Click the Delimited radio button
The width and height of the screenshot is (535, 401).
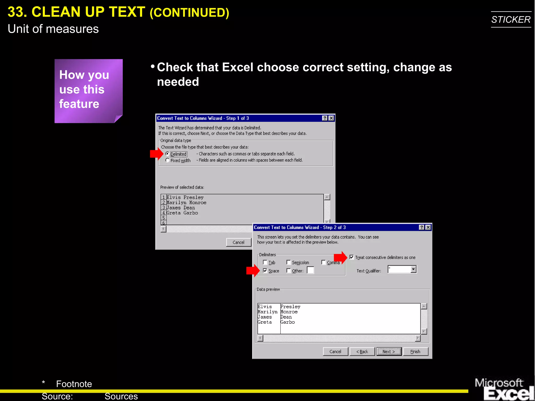tap(167, 154)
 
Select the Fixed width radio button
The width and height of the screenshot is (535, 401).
tap(167, 160)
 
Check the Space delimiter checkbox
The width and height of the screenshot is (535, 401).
tap(265, 271)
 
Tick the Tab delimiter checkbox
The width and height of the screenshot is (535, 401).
tap(265, 262)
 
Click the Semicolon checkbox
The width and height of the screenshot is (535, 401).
tap(289, 262)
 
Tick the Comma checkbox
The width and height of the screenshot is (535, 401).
tap(323, 262)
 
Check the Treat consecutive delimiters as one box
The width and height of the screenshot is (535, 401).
tap(352, 257)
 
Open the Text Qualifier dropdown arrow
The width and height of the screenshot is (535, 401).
tap(413, 269)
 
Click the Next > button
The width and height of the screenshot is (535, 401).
tap(389, 352)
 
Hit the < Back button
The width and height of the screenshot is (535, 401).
tap(362, 352)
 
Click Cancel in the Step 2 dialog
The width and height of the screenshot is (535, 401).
tap(335, 352)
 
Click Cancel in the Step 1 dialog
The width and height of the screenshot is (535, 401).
tap(238, 242)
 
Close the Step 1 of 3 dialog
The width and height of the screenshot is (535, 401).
tap(331, 118)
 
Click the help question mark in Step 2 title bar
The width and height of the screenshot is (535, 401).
tap(421, 227)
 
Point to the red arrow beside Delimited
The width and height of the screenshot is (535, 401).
tap(156, 154)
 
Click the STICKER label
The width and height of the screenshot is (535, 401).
tap(511, 20)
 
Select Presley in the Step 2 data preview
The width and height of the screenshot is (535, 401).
tap(290, 307)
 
